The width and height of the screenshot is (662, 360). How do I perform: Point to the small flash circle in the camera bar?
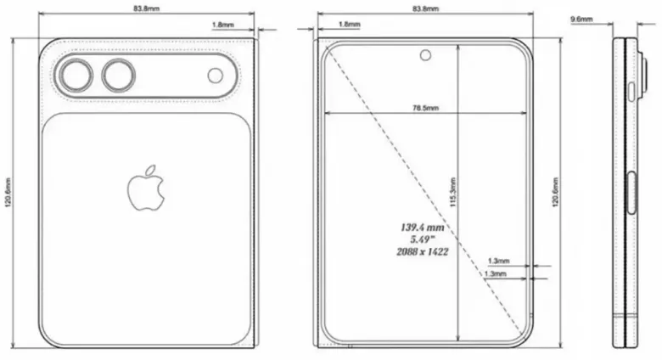tap(216, 76)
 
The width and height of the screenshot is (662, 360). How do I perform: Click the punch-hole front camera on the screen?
tap(424, 57)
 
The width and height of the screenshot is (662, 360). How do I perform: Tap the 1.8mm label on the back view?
tap(223, 25)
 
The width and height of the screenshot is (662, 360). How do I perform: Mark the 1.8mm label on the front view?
tap(349, 25)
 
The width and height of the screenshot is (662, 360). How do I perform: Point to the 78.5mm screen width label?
tap(425, 108)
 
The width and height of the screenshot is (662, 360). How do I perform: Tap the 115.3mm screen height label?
tap(453, 195)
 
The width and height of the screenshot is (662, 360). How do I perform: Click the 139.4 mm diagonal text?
tap(424, 227)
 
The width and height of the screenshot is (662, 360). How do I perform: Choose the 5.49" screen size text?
tap(424, 239)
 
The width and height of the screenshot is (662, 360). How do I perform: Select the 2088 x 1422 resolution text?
tap(424, 252)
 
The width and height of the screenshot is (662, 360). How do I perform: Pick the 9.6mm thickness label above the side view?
tap(582, 18)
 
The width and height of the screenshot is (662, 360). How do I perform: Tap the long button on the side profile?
tap(634, 192)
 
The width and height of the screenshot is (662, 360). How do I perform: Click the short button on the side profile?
tap(634, 92)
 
